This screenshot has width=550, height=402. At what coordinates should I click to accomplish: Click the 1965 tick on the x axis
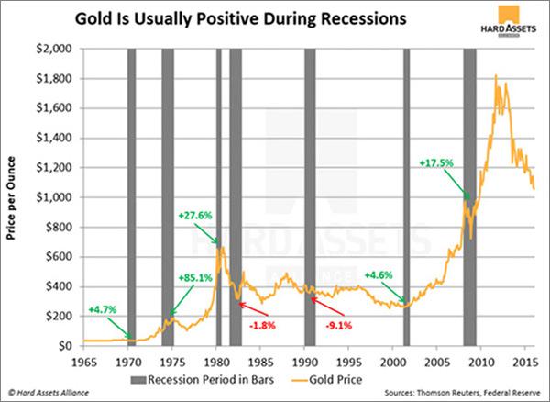click(x=84, y=359)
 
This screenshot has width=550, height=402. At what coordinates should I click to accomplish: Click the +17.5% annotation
click(x=436, y=162)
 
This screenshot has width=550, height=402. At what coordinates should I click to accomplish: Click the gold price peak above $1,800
click(x=496, y=76)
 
